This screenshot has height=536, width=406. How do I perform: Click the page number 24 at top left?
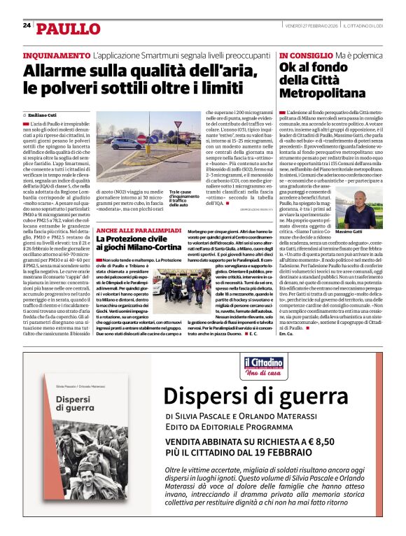click(x=27, y=26)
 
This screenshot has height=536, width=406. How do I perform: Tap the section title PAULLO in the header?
click(x=69, y=29)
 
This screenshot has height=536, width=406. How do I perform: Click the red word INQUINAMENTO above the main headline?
click(x=57, y=55)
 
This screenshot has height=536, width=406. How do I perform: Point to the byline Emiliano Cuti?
click(x=44, y=114)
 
